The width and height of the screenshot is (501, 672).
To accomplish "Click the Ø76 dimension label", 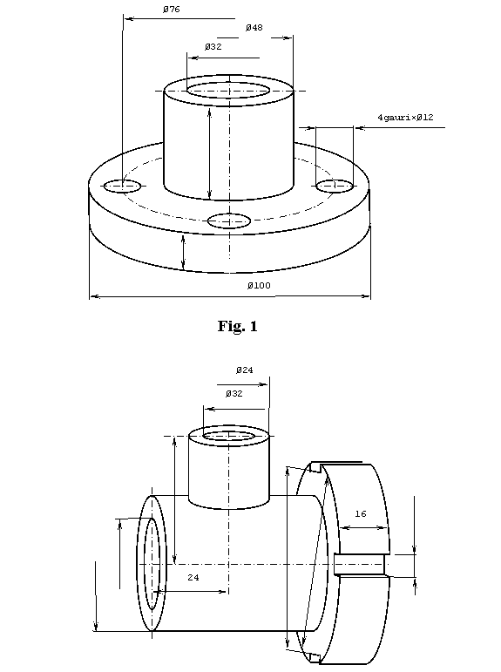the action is point(172,9).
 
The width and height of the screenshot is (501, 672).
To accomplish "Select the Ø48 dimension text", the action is point(254,27).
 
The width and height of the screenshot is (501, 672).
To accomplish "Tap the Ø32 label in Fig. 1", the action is point(213,46).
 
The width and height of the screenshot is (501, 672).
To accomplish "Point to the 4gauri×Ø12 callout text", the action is point(405,117).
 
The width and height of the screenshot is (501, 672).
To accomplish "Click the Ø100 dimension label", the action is point(259,285).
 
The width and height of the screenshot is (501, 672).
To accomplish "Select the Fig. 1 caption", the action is point(237,326).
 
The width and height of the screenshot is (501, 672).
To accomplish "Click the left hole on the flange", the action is point(122,186).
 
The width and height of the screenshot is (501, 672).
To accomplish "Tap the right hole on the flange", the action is point(335,186).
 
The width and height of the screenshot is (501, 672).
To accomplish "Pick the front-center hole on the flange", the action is point(229,221).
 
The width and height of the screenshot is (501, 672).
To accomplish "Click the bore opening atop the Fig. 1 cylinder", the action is point(229,91).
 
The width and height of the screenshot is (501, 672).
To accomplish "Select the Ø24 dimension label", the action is point(244,370).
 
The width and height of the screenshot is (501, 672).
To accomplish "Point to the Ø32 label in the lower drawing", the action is point(234,393).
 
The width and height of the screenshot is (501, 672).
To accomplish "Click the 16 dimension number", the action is point(361,513).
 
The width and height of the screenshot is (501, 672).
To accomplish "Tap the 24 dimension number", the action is point(193,577).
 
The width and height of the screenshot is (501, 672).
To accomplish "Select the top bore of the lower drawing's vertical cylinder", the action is point(229,436).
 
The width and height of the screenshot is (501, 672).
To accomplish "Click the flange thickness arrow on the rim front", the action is point(184,253).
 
